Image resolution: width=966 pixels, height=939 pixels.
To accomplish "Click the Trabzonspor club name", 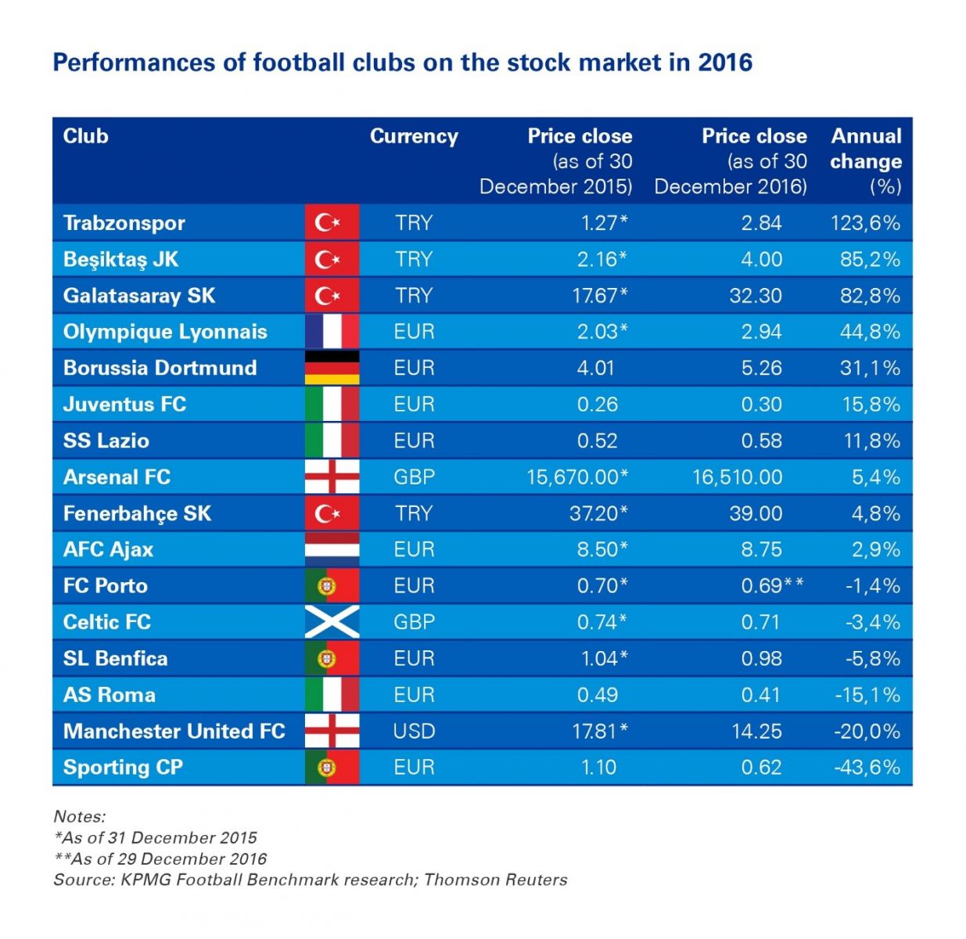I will click(124, 223).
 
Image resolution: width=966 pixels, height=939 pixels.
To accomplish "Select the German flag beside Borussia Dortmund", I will click(332, 368).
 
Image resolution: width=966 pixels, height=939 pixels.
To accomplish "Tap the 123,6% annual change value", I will click(865, 223).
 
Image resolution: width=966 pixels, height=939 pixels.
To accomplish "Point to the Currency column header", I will click(414, 136).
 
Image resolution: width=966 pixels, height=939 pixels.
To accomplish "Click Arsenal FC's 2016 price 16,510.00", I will click(737, 477).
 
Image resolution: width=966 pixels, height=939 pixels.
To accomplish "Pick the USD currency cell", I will click(414, 732).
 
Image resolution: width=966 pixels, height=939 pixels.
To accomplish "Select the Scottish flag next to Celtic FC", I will click(332, 622).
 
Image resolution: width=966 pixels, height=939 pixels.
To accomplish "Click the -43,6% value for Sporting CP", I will click(867, 768).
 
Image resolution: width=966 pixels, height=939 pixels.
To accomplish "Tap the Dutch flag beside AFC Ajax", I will click(332, 549).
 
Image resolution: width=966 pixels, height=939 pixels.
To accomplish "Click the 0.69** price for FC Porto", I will click(772, 586).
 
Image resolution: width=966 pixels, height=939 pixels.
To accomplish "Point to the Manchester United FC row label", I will click(174, 732).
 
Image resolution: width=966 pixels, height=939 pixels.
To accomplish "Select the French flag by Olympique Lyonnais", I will click(332, 332).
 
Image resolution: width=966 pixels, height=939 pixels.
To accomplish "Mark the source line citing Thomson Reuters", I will click(310, 880).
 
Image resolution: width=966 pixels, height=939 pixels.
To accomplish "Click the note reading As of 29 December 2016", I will click(160, 858).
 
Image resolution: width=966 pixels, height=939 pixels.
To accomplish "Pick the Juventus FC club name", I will click(124, 405).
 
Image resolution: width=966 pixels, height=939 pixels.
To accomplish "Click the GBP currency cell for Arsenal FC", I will click(414, 477).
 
